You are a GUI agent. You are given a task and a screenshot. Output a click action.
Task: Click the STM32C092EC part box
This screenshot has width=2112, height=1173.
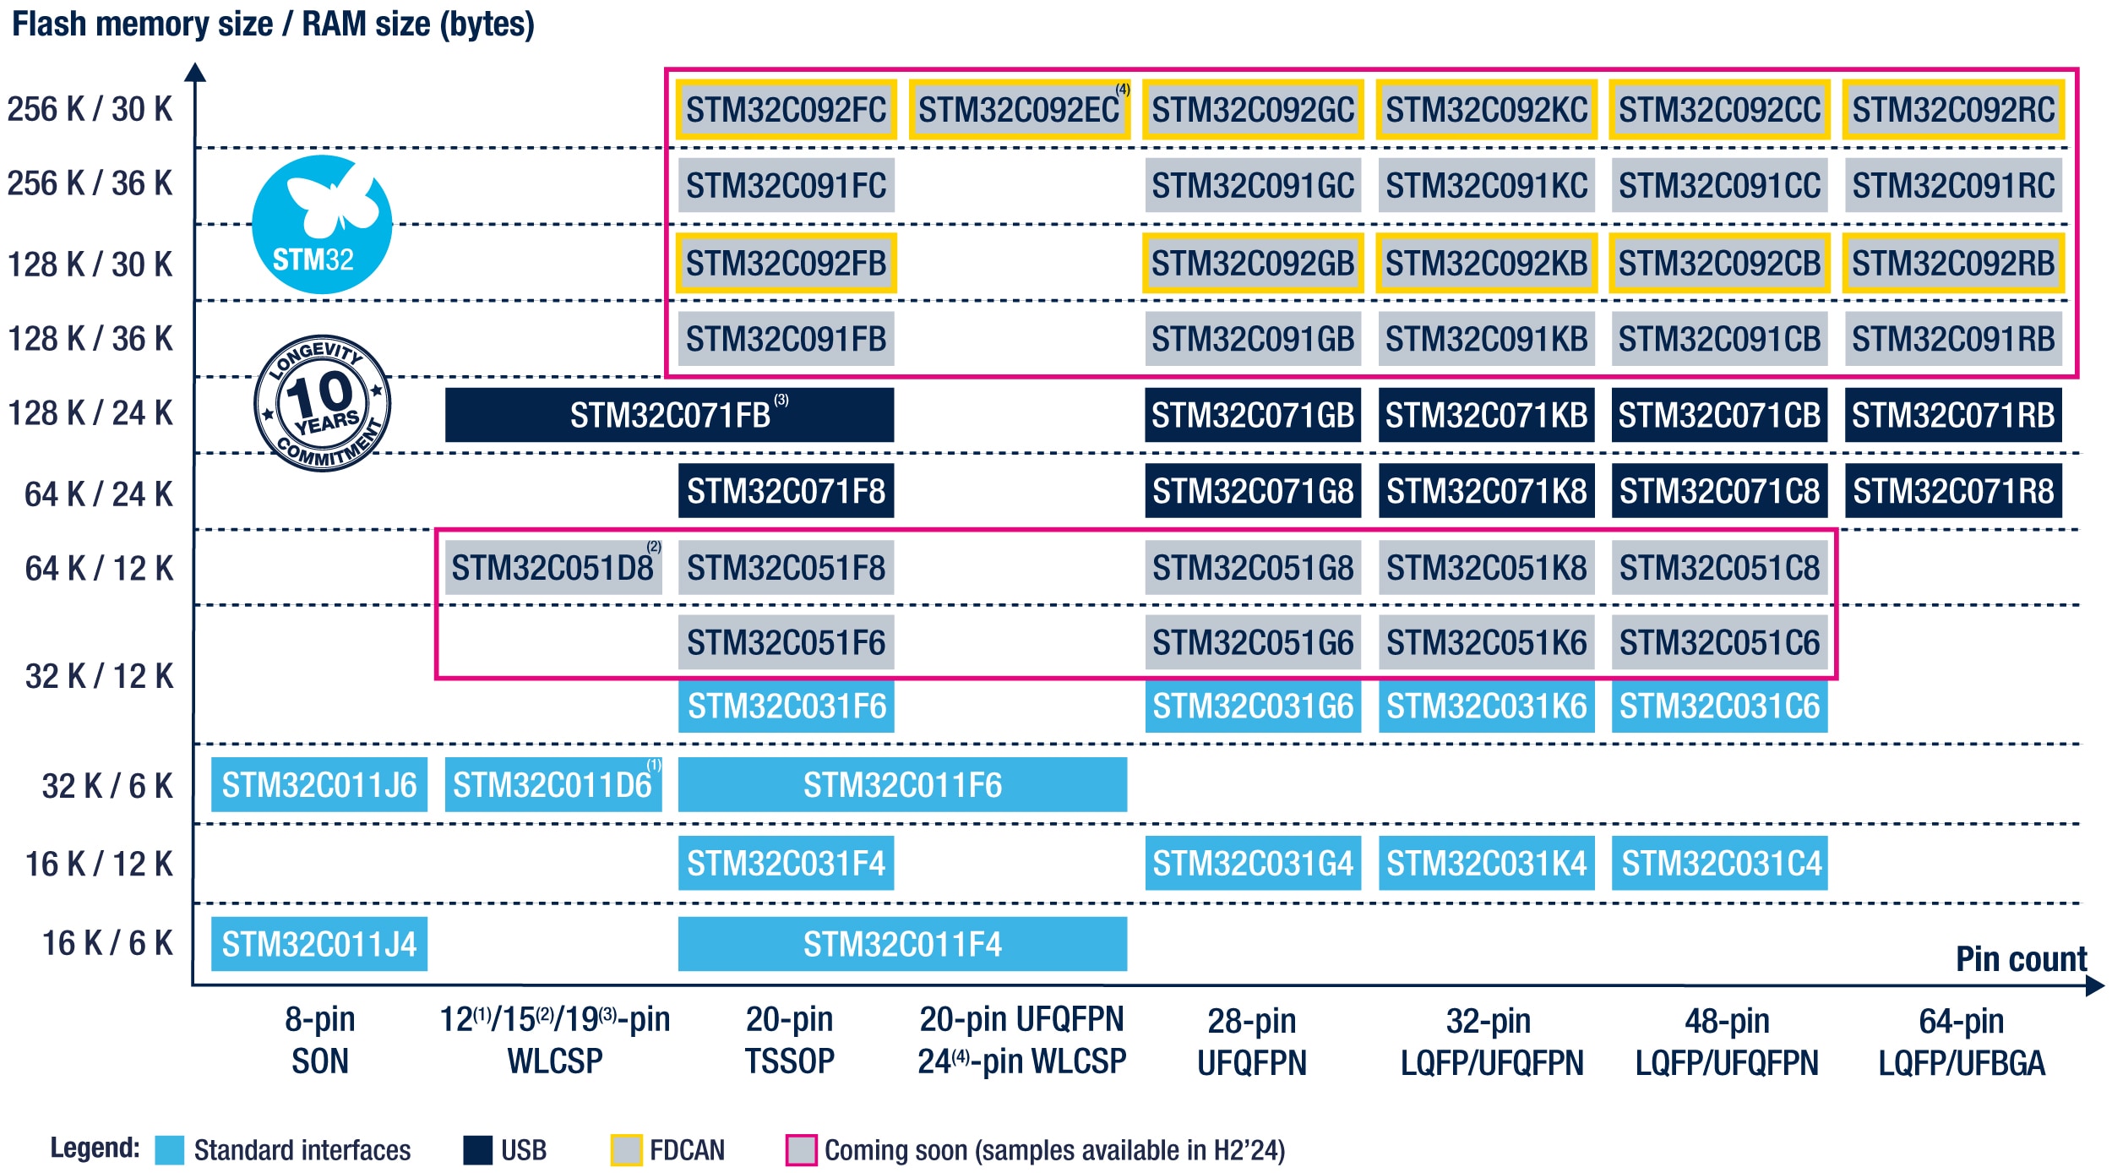tap(1020, 110)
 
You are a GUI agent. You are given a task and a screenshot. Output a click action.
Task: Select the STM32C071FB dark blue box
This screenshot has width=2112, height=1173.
tap(669, 415)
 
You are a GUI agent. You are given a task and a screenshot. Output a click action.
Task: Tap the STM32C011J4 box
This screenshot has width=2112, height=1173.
tap(319, 944)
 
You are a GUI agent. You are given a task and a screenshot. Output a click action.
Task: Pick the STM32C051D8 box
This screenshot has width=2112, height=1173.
tap(553, 568)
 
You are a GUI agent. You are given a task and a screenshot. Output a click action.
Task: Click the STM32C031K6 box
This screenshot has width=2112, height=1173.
tap(1486, 707)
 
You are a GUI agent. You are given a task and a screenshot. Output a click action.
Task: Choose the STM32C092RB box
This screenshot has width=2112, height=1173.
tap(1953, 264)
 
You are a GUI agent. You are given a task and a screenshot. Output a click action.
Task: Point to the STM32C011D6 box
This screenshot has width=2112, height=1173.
tap(553, 785)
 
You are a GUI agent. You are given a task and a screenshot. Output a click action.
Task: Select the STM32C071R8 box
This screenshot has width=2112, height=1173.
tap(1953, 491)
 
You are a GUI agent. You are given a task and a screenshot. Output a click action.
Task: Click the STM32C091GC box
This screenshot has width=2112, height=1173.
tap(1253, 186)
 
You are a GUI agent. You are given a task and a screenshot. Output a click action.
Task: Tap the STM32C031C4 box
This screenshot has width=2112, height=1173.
tap(1720, 864)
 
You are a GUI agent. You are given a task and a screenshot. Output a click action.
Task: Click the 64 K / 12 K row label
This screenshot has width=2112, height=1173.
tap(99, 569)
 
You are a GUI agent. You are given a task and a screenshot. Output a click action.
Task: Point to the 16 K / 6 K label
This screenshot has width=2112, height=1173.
tap(107, 943)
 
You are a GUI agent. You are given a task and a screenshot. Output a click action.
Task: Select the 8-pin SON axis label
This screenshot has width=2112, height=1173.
tap(319, 1040)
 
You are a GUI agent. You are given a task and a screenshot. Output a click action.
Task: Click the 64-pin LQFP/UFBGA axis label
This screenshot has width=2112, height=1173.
tap(1961, 1042)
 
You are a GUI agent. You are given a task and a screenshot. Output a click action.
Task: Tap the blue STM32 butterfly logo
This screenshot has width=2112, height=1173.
tap(322, 225)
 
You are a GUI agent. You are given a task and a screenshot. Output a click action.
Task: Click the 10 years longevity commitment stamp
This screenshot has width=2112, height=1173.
tap(323, 403)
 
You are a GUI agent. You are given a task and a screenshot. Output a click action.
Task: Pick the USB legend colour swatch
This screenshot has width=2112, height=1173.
tap(478, 1150)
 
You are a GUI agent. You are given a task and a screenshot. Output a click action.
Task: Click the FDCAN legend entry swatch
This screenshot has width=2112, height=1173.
tap(626, 1150)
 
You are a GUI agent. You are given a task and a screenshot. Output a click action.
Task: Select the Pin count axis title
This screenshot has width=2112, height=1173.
tap(2021, 959)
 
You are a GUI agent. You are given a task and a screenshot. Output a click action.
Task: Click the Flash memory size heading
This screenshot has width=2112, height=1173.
tap(273, 24)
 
